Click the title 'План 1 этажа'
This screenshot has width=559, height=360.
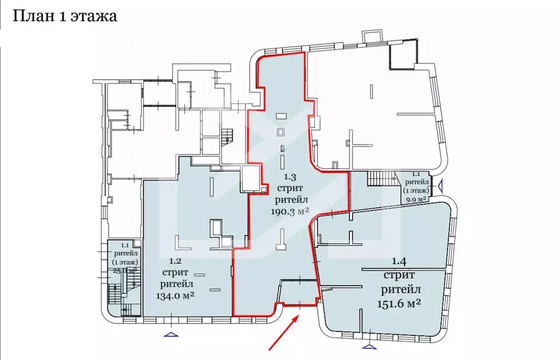click(64, 16)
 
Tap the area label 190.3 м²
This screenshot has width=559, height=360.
click(290, 211)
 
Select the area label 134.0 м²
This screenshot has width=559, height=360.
click(175, 296)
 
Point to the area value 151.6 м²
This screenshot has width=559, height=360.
click(399, 304)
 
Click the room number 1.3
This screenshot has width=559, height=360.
click(290, 176)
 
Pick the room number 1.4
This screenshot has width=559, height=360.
click(399, 261)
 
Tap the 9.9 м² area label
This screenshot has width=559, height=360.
click(415, 199)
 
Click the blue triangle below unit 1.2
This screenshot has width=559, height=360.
click(171, 334)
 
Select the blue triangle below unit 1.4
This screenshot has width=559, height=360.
click(369, 346)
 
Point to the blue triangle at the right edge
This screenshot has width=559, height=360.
click(441, 186)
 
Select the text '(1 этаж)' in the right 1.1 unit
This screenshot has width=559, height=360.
click(416, 191)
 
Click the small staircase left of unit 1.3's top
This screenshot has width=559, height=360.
click(227, 137)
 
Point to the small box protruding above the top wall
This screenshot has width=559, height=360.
click(372, 36)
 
